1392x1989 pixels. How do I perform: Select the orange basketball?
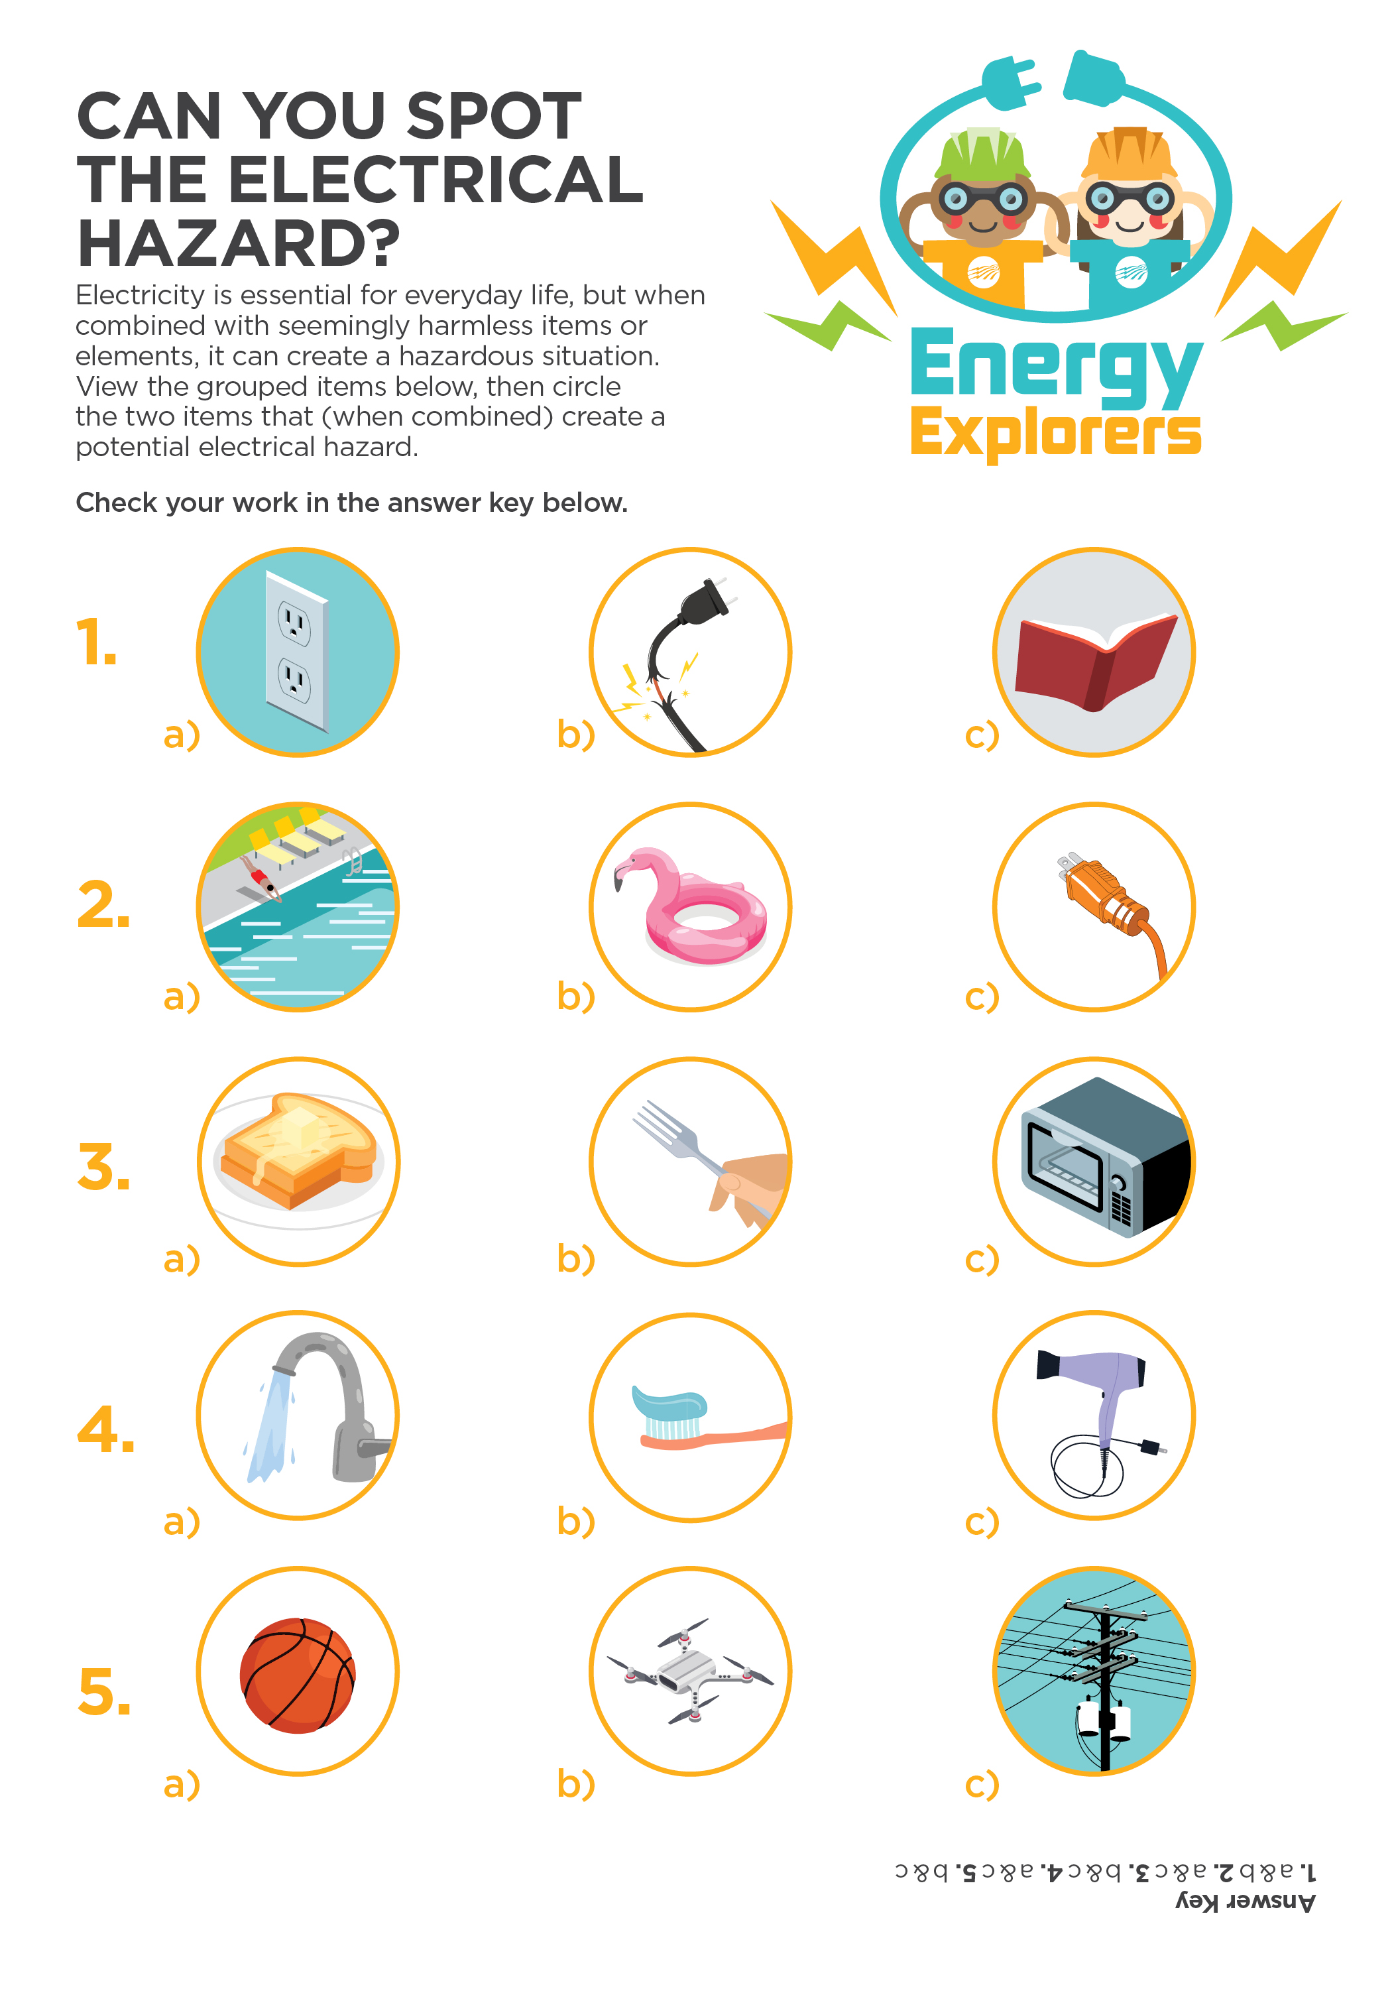[x=297, y=1675]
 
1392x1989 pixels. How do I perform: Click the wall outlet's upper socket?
[x=294, y=621]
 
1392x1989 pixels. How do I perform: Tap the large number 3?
[x=103, y=1167]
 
